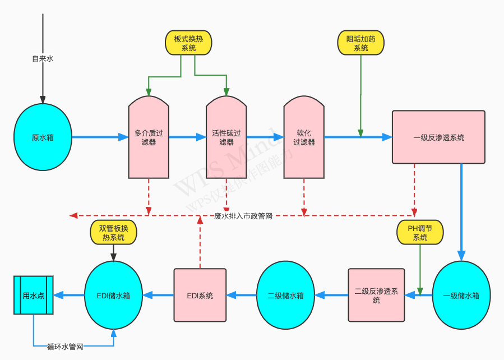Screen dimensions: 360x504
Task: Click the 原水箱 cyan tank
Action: click(43, 137)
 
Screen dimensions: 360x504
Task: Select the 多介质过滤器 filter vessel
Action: click(149, 137)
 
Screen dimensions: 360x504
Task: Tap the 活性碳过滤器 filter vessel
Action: click(226, 137)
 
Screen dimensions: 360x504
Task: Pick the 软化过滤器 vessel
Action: click(304, 137)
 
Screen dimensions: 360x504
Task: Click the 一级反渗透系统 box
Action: click(438, 137)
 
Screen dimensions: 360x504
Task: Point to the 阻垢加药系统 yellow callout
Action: click(361, 43)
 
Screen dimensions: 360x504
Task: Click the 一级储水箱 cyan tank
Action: click(461, 295)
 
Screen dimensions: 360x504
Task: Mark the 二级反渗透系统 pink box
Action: click(376, 295)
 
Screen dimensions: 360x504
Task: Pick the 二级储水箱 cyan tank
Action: click(285, 295)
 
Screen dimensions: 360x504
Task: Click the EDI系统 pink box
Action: click(200, 295)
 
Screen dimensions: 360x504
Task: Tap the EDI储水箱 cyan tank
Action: click(113, 295)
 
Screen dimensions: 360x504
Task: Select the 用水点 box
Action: click(34, 295)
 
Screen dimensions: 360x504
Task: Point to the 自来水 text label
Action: click(43, 58)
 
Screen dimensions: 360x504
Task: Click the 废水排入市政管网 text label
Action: click(243, 216)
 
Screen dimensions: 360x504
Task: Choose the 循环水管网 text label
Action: click(65, 347)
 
